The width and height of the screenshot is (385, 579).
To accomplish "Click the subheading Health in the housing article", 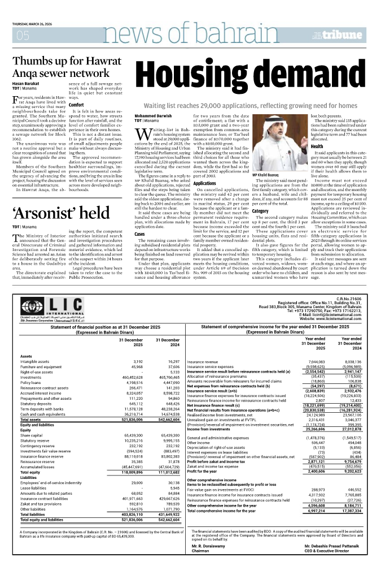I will [317, 146].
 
